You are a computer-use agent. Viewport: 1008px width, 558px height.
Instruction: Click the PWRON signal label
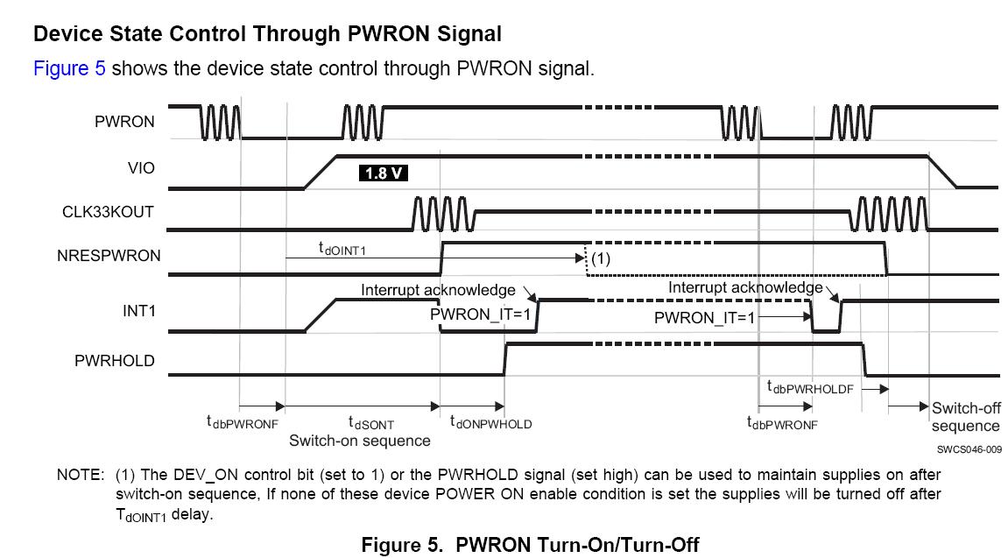124,123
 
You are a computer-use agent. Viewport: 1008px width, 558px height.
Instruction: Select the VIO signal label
141,167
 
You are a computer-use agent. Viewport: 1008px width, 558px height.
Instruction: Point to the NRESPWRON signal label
108,256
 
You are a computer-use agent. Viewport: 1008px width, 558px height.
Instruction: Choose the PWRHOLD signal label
115,360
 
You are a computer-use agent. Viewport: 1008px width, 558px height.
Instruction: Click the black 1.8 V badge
384,173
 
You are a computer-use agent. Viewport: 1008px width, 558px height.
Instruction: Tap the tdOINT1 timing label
342,249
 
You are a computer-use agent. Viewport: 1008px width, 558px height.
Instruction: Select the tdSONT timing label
371,423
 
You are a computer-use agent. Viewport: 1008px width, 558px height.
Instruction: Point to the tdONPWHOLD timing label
490,423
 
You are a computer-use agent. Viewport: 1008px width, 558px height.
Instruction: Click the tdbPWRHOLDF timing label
810,387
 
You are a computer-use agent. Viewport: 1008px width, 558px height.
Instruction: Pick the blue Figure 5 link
69,68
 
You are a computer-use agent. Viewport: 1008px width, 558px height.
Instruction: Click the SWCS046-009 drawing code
968,449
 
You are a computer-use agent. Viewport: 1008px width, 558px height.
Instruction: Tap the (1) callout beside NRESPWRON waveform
600,258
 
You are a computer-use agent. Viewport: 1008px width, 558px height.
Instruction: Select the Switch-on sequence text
360,441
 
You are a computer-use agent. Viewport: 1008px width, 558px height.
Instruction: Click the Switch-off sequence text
965,417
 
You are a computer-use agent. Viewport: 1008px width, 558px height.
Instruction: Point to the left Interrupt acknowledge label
438,290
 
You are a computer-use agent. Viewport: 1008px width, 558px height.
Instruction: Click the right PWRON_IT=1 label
704,318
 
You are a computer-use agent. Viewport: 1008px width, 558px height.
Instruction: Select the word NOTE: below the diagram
81,475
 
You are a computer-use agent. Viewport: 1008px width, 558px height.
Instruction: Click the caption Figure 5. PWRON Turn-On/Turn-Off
530,544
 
